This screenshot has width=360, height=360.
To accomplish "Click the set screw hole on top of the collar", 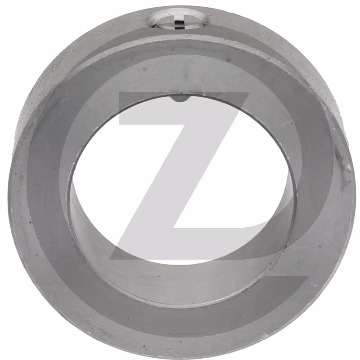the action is click(x=177, y=20).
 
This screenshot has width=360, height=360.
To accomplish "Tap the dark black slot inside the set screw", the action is click(x=180, y=25).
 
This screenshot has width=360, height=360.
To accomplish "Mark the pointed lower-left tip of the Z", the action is click(x=110, y=259).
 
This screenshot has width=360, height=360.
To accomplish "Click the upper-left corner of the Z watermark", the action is click(x=119, y=93).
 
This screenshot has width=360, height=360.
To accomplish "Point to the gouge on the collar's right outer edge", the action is click(x=343, y=161).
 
